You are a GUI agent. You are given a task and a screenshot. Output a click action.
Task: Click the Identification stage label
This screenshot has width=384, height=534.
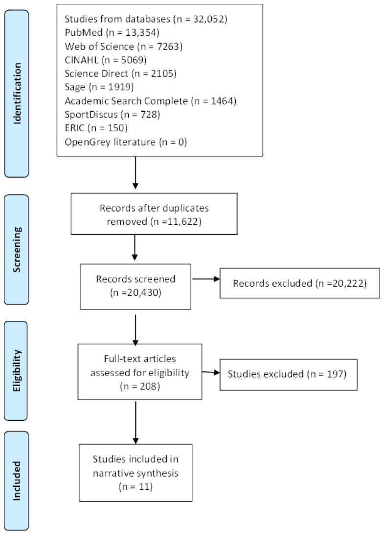click(x=17, y=94)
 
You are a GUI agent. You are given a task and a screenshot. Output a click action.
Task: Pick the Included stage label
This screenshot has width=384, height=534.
click(x=17, y=480)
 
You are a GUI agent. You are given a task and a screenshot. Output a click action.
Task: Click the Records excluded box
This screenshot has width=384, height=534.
click(x=300, y=283)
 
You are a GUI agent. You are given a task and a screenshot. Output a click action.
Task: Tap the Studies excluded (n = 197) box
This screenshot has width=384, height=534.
click(x=288, y=375)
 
